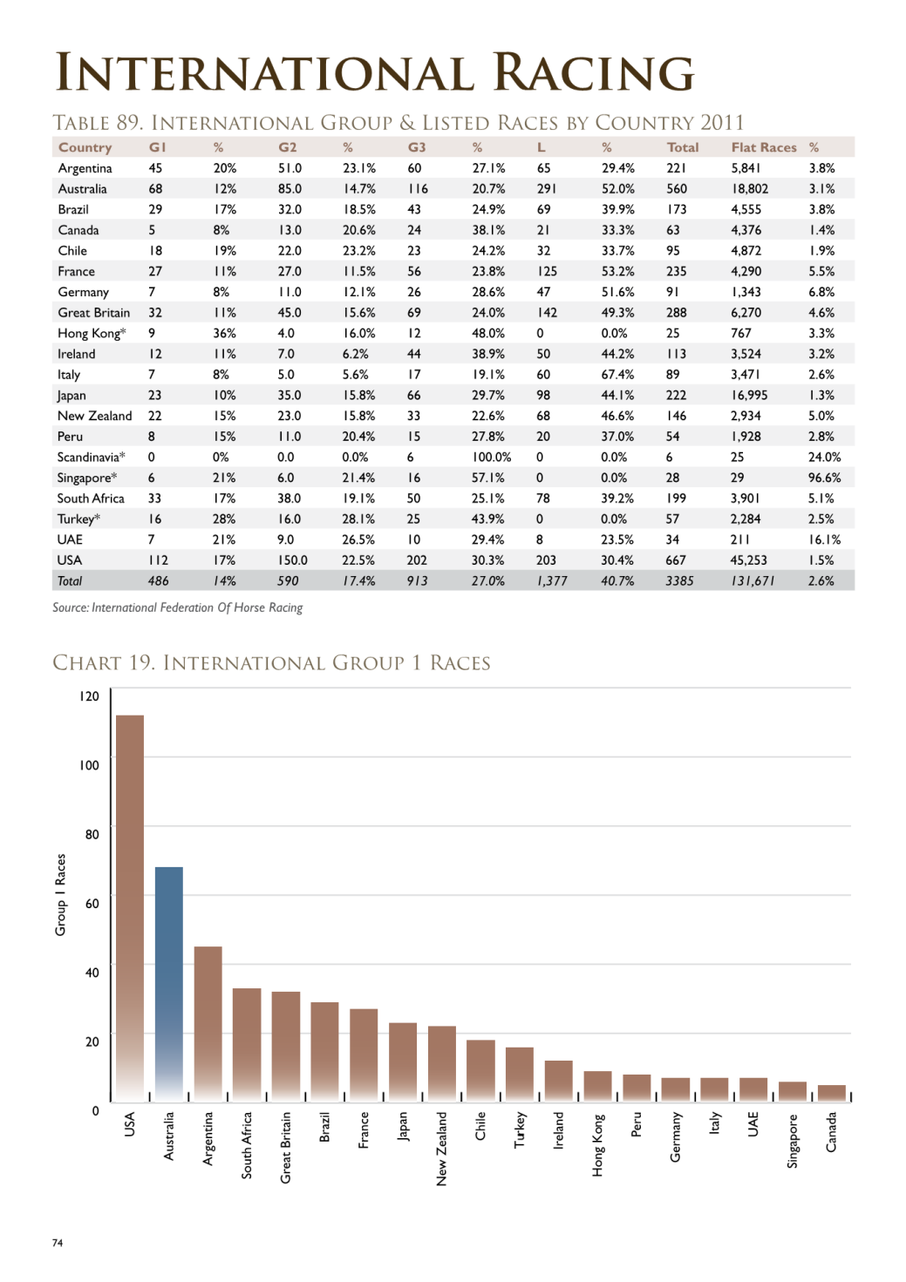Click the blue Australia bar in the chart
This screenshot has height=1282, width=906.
169,984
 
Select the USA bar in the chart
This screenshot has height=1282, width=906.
130,908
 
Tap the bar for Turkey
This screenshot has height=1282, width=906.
520,1075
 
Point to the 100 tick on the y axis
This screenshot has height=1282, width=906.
89,765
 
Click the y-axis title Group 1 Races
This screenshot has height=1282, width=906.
60,895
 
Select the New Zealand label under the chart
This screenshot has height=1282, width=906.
441,1149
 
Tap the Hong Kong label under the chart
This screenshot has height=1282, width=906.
597,1144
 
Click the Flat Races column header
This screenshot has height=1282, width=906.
763,147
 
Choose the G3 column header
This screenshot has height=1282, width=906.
416,147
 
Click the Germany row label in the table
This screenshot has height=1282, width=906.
83,292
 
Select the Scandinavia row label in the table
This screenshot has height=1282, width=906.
91,457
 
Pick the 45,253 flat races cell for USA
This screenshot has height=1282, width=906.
748,560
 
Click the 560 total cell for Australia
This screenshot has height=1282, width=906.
677,188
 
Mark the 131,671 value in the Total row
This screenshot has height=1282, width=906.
753,580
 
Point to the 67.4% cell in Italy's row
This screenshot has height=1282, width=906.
617,374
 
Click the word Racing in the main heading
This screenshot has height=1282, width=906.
594,72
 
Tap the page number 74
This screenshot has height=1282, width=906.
58,1243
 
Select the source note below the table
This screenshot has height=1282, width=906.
178,607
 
